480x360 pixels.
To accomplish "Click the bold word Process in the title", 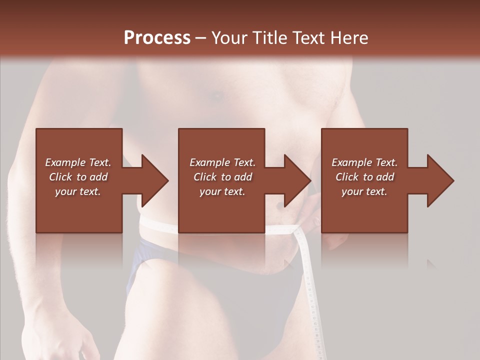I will tap(157, 38).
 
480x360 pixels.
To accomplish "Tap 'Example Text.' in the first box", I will tap(78, 162).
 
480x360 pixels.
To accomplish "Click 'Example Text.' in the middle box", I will tap(222, 162).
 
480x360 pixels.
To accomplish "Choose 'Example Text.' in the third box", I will tap(364, 162).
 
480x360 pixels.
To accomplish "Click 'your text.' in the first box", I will tap(78, 191).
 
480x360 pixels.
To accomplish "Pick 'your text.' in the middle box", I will tap(222, 191).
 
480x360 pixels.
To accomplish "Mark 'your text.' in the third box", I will tap(364, 191).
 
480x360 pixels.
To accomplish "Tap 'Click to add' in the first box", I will tap(78, 177).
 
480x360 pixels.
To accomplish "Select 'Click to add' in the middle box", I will tap(222, 177).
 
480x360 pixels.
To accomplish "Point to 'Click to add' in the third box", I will tap(364, 177).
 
